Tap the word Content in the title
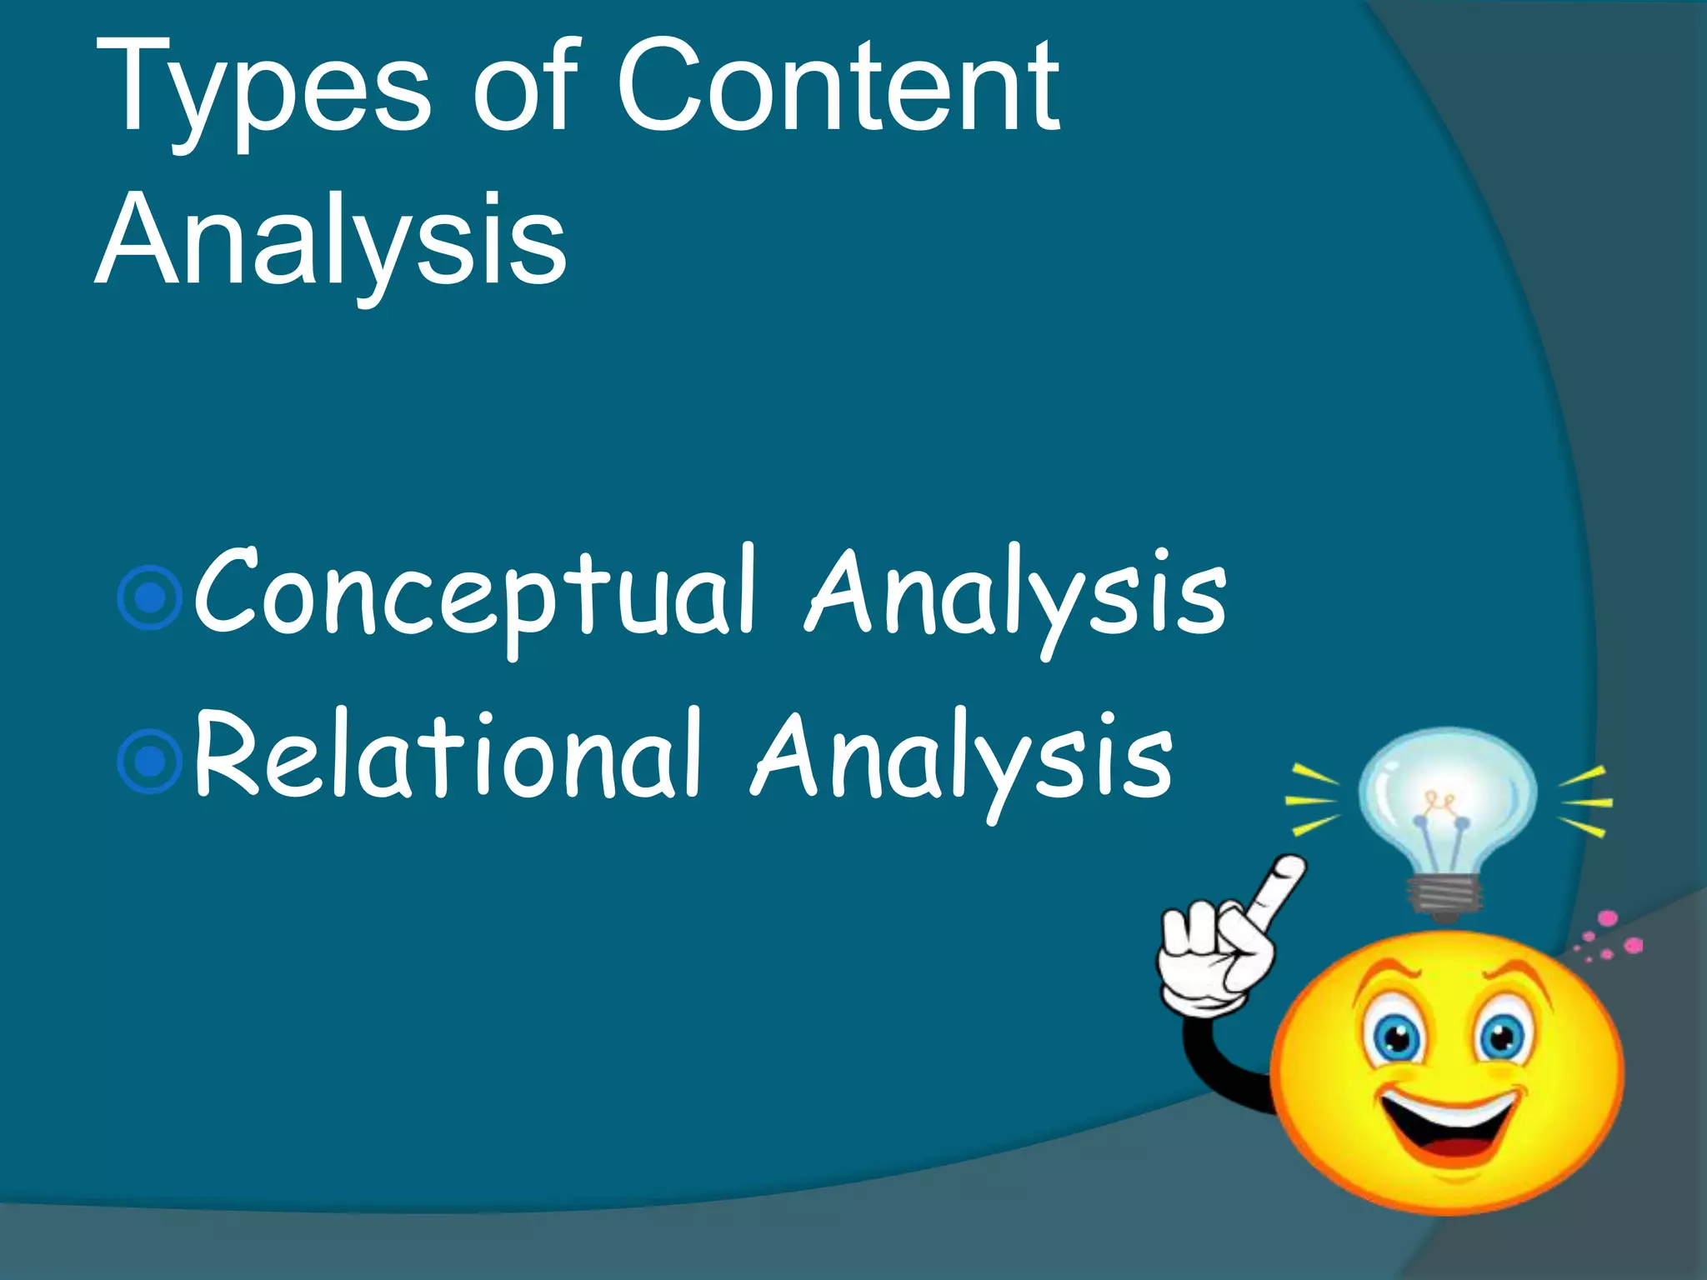point(838,87)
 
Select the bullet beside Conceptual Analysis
point(150,597)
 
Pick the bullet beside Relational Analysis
point(150,760)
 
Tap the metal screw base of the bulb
point(1446,896)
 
